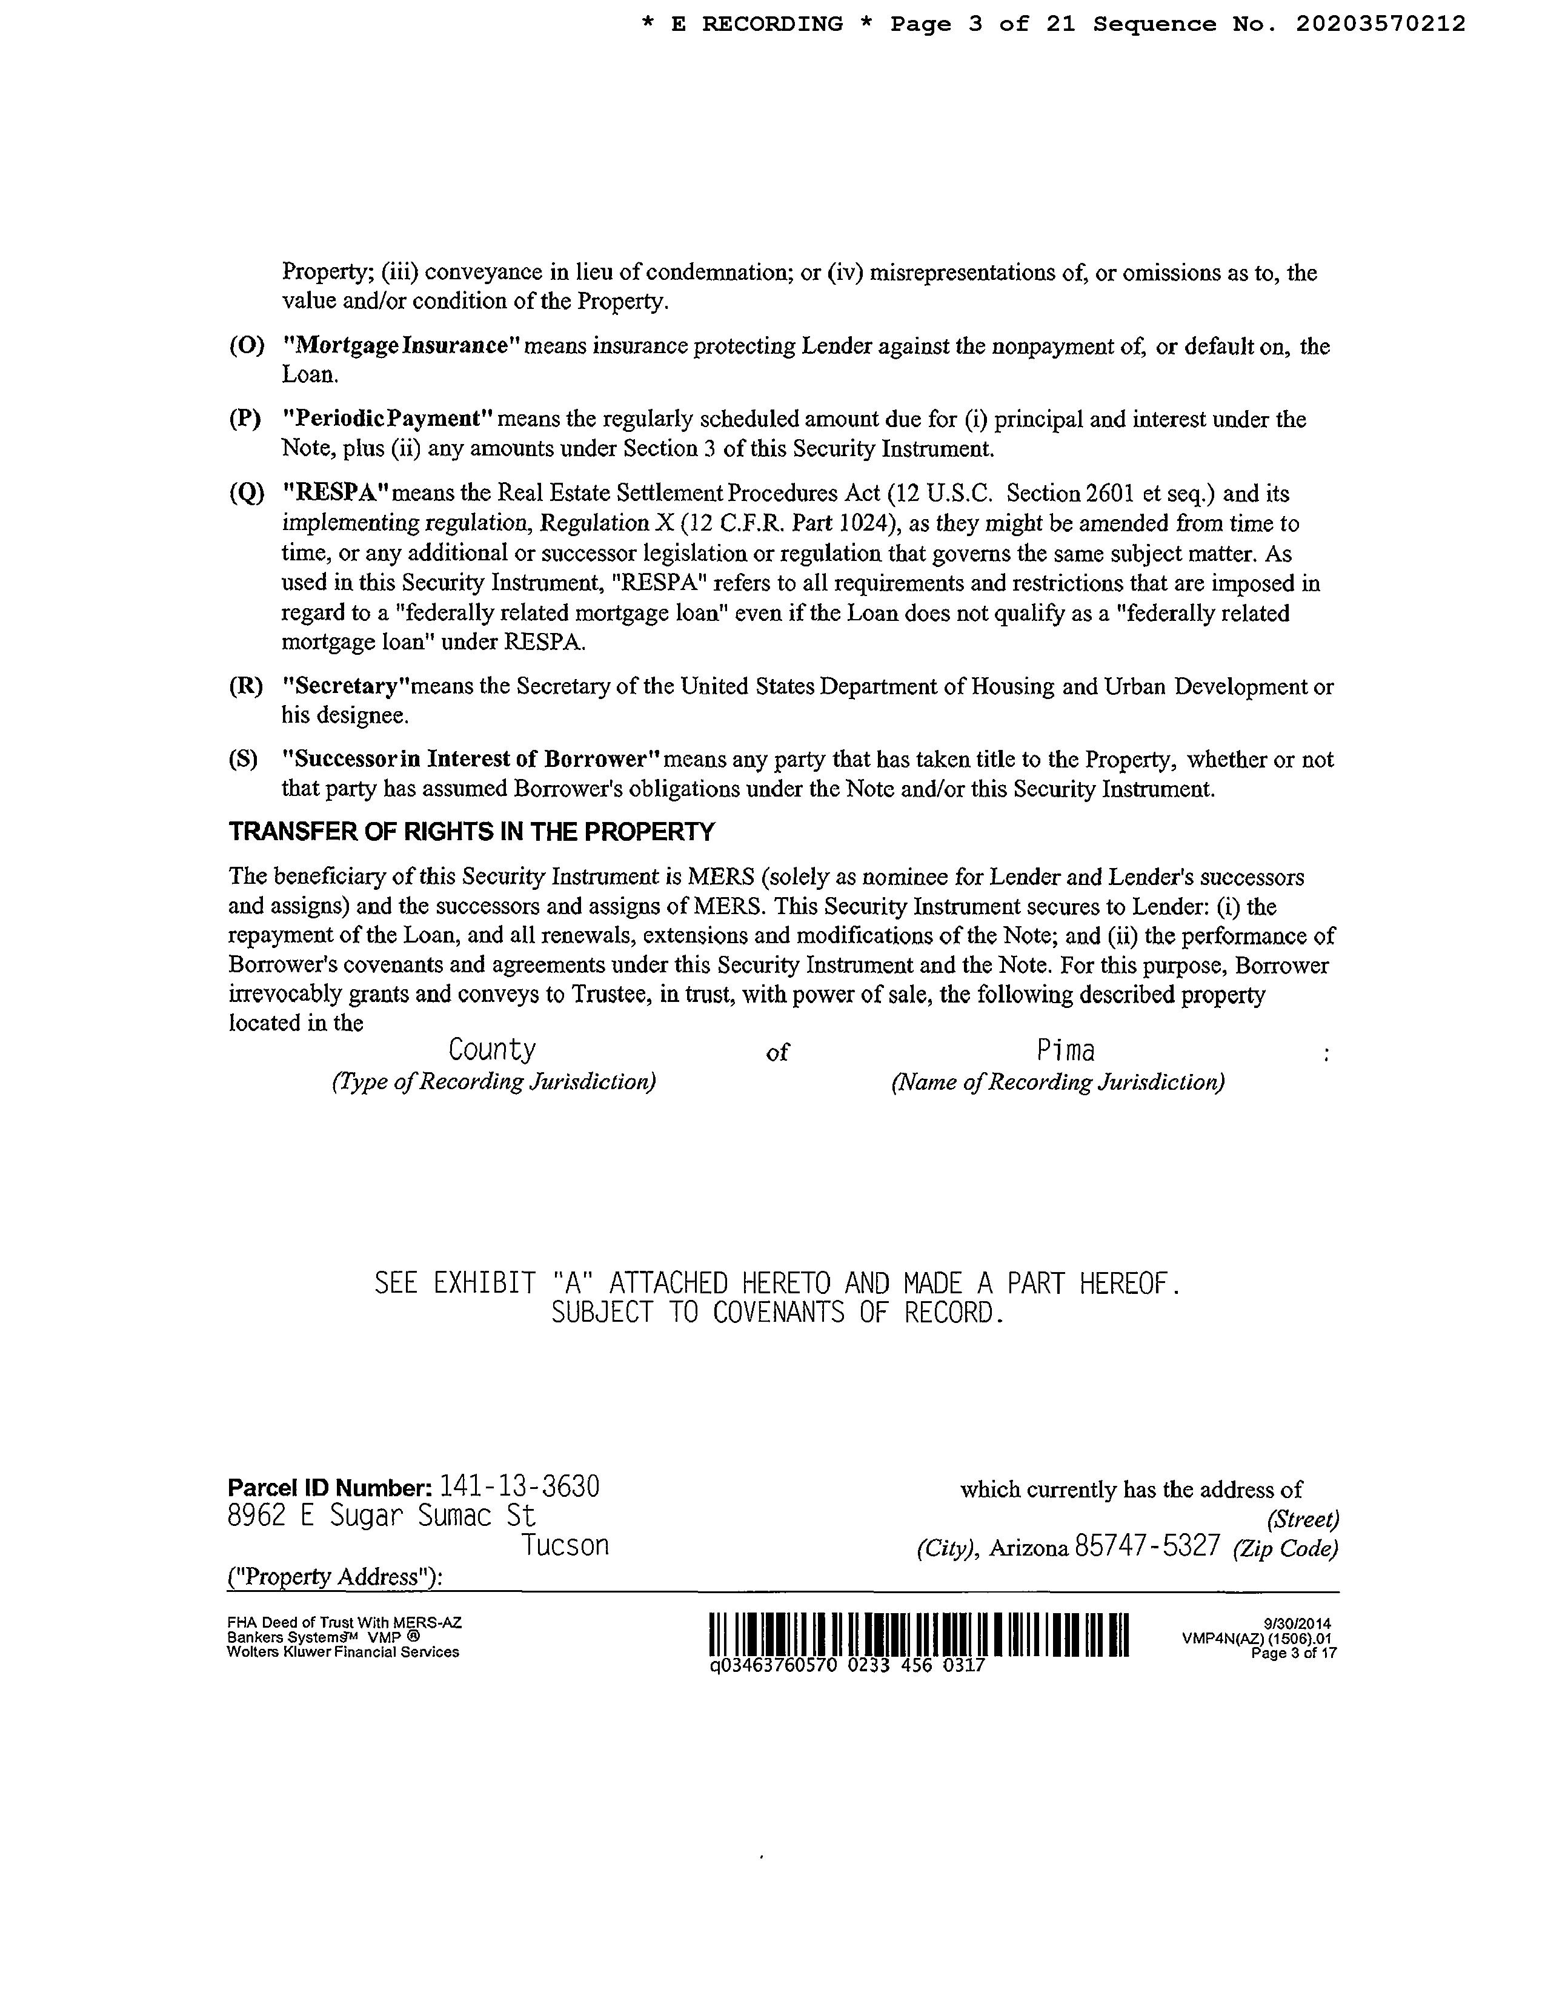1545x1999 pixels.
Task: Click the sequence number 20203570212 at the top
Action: click(x=1380, y=25)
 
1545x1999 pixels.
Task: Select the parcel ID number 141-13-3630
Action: click(x=520, y=1487)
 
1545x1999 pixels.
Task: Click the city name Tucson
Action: click(x=565, y=1546)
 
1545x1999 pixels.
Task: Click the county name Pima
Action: click(x=1065, y=1051)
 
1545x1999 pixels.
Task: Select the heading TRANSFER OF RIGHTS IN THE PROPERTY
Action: click(x=471, y=832)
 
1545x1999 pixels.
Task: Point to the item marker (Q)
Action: click(x=245, y=494)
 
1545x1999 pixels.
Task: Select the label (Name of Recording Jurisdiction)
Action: click(x=1057, y=1082)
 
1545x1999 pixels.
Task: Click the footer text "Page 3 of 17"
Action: click(x=1294, y=1654)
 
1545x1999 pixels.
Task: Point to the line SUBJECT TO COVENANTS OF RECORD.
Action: click(x=777, y=1313)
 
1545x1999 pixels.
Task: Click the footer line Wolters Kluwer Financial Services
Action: click(x=343, y=1652)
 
